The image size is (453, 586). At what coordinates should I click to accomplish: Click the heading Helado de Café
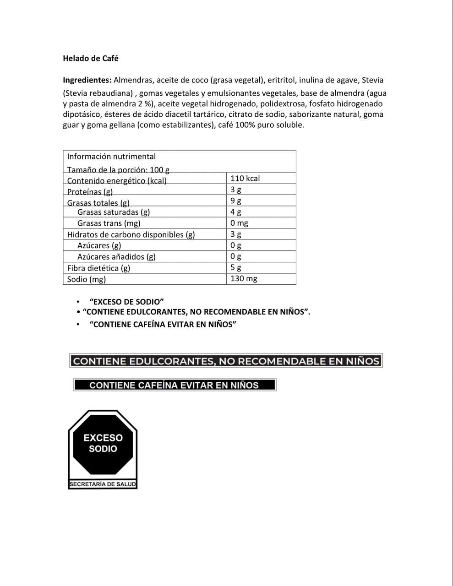point(91,59)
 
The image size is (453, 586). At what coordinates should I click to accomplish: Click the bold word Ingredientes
point(87,80)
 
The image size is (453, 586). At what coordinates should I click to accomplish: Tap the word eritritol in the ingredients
point(281,80)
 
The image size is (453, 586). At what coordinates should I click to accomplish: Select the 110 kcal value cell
point(245,179)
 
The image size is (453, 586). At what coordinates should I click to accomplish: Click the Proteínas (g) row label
point(90,192)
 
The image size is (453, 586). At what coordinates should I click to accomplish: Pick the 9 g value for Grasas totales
point(236,201)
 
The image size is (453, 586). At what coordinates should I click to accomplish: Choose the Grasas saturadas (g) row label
point(114,212)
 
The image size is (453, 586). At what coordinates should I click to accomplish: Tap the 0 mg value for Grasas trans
point(239,223)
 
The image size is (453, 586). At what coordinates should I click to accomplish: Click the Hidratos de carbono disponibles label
point(131,234)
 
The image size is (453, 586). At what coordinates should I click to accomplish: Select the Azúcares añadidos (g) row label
point(116,257)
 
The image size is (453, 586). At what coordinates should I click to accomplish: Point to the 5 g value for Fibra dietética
point(236,267)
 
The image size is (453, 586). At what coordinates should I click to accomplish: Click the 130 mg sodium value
point(244,278)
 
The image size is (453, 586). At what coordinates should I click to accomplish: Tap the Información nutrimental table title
point(111,157)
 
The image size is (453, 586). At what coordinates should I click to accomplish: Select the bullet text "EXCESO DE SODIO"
point(127,302)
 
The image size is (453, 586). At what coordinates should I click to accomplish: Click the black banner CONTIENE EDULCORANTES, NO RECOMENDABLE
point(226,361)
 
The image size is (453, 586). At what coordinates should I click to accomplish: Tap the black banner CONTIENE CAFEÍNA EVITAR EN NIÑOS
point(174,385)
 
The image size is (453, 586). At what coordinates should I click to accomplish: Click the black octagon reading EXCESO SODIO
point(103,444)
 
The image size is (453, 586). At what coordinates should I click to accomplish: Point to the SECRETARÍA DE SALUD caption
point(103,484)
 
